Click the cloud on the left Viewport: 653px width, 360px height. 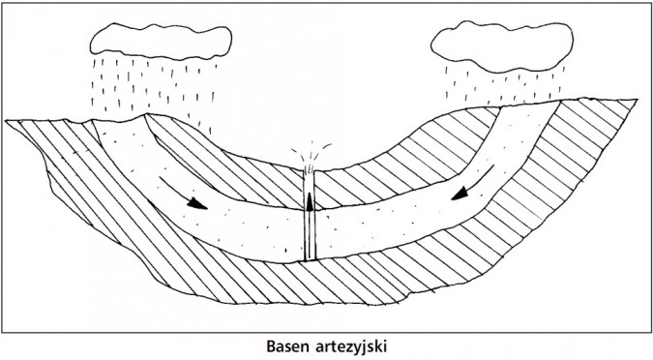pos(160,38)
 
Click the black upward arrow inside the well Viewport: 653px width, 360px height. pos(310,199)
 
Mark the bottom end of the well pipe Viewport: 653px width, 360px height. pos(310,258)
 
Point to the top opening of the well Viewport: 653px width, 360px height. pos(310,172)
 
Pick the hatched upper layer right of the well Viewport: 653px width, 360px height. pos(406,169)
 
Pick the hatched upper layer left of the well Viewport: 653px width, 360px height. pos(223,165)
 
